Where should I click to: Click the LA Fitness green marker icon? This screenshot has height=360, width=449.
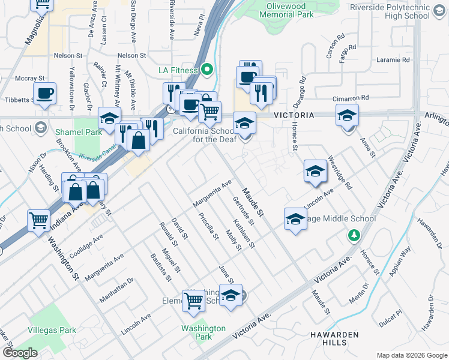coord(208,70)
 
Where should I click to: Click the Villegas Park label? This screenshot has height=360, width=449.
coord(52,330)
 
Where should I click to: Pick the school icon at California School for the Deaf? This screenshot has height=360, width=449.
coord(244,124)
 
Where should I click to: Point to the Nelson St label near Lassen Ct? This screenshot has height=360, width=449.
coord(67,55)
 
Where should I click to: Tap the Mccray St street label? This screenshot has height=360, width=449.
coord(30,78)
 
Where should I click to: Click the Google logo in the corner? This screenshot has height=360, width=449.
coord(20,353)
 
